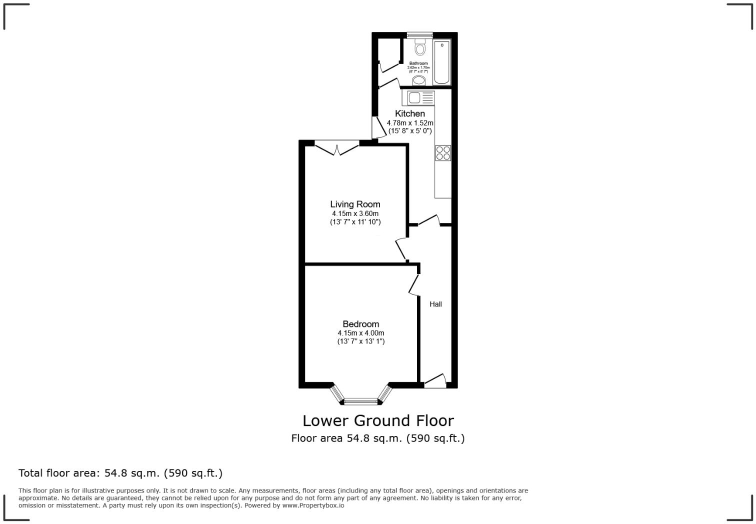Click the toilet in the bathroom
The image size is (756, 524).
click(420, 48)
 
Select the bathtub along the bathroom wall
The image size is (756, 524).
click(442, 62)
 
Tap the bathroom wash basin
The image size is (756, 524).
click(419, 80)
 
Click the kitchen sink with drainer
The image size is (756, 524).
click(418, 98)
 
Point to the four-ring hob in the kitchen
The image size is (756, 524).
click(443, 152)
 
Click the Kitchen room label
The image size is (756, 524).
click(410, 113)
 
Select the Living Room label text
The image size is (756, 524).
click(355, 204)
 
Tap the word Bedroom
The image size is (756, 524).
click(360, 324)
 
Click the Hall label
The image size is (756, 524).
click(435, 304)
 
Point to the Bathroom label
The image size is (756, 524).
click(418, 63)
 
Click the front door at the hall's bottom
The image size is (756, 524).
click(435, 381)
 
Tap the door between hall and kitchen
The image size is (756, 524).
click(429, 220)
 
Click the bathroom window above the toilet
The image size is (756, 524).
click(419, 35)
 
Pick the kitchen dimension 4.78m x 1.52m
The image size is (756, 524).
click(410, 122)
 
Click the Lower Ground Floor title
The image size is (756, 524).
click(378, 420)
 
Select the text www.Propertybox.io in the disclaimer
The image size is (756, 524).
click(313, 505)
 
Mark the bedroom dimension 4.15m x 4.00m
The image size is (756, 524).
click(360, 333)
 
